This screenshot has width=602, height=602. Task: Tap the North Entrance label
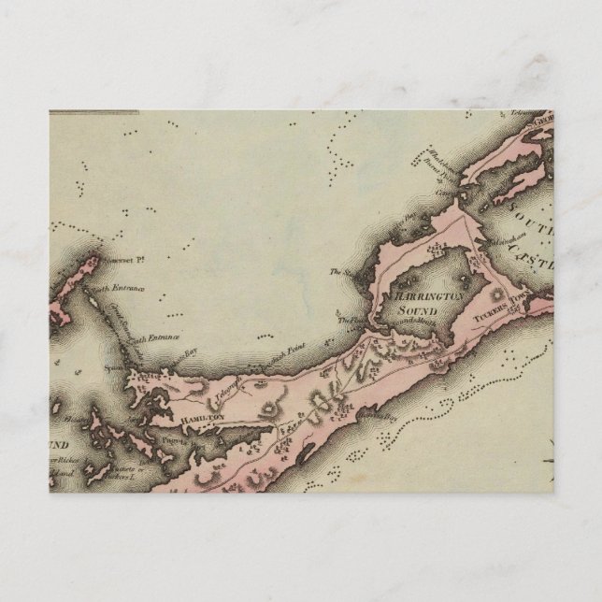121,289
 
